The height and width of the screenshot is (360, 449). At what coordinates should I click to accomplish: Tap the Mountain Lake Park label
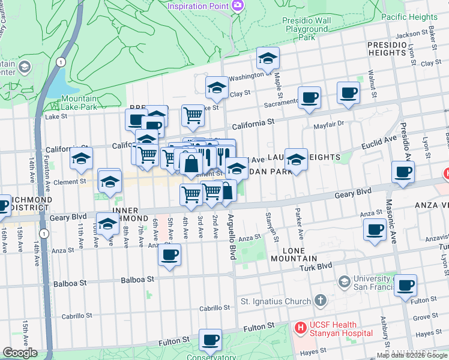[x=79, y=103]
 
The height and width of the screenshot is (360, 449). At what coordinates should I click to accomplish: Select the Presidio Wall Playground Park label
[x=307, y=28]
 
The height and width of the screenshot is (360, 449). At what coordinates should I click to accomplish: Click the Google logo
[x=20, y=353]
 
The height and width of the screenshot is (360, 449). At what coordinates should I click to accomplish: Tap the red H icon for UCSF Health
[x=301, y=328]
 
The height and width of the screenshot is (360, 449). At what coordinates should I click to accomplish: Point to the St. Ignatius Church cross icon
[x=321, y=301]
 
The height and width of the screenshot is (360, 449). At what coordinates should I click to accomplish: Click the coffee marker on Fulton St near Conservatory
[x=210, y=340]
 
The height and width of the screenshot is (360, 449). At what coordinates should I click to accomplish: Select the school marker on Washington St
[x=268, y=58]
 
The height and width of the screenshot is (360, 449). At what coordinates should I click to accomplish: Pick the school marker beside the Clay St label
[x=217, y=88]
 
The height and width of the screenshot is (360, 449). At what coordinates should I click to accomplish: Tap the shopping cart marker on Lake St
[x=193, y=114]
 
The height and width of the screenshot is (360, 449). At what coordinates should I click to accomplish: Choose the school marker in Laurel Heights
[x=295, y=159]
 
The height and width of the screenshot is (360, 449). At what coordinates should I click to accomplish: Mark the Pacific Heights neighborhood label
[x=410, y=17]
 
